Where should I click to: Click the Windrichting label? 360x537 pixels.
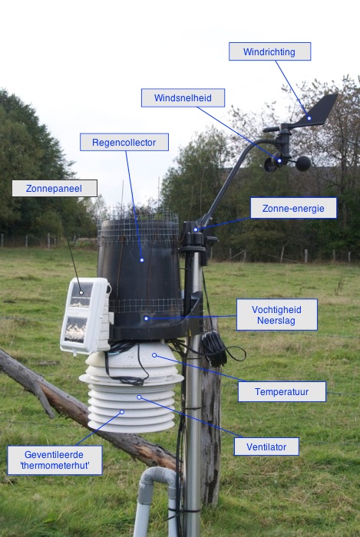(269, 51)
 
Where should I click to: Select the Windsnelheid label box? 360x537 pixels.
(183, 98)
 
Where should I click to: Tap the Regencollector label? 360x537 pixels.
(124, 142)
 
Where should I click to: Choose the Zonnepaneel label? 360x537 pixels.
(54, 189)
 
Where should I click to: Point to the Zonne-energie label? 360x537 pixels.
(293, 208)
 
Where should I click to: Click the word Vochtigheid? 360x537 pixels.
(276, 310)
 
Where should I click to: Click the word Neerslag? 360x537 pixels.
(276, 321)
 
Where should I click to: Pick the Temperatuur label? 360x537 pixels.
(282, 391)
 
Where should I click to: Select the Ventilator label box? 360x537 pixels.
(266, 446)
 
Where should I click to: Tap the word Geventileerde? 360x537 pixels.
(54, 454)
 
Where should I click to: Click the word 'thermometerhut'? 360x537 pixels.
(54, 466)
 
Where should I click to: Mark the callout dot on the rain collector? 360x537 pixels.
(142, 260)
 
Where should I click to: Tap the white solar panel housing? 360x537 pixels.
(86, 316)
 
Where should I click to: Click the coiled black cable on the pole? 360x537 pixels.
(215, 348)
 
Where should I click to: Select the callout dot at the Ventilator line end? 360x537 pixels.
(139, 397)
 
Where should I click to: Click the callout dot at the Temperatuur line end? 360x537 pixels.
(154, 355)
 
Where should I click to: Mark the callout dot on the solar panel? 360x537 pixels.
(81, 292)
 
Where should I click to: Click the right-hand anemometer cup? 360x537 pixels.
(303, 163)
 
